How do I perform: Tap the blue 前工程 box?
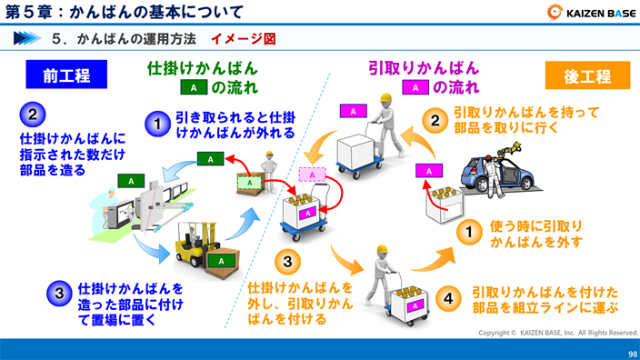tap(66, 75)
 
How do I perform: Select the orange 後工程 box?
tap(587, 75)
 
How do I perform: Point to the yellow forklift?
tap(194, 245)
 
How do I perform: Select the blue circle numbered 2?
tap(33, 115)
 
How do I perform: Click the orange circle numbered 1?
tap(469, 233)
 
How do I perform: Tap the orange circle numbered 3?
tap(287, 263)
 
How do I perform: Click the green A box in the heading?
tap(194, 88)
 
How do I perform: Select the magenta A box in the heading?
tap(415, 88)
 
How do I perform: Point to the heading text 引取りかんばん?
tap(424, 68)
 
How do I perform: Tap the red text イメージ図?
tap(243, 39)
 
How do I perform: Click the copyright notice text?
tap(558, 333)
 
